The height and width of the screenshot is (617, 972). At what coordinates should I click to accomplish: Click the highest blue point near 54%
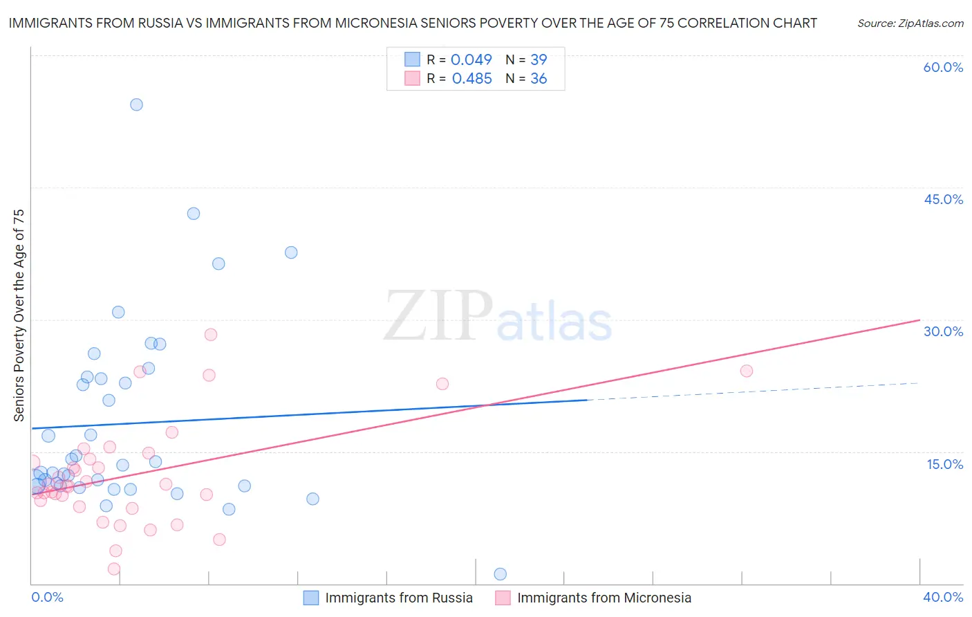(x=136, y=104)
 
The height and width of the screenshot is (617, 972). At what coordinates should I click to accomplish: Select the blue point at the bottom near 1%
(x=501, y=574)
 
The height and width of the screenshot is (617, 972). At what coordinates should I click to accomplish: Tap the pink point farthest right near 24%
(x=747, y=371)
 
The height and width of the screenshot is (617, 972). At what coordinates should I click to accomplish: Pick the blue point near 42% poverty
(x=194, y=214)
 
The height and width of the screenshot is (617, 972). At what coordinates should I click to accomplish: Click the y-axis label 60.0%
(x=943, y=67)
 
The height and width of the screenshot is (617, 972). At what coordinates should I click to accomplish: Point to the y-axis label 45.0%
(x=943, y=199)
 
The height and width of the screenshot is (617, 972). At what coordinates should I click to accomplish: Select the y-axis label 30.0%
(x=943, y=331)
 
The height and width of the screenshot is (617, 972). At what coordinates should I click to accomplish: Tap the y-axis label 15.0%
(x=944, y=464)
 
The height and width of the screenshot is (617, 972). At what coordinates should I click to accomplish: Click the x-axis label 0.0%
(x=47, y=597)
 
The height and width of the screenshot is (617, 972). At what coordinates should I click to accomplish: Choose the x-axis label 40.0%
(x=943, y=597)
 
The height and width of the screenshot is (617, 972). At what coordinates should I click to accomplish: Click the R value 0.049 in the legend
(x=471, y=59)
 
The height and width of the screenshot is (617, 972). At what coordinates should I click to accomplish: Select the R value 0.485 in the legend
(x=471, y=79)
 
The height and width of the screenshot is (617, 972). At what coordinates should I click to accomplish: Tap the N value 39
(x=539, y=59)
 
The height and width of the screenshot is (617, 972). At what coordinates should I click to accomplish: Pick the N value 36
(x=539, y=79)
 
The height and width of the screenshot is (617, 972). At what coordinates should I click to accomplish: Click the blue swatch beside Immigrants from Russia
(x=311, y=598)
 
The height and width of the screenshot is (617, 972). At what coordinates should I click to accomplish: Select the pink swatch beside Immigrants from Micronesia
(x=503, y=598)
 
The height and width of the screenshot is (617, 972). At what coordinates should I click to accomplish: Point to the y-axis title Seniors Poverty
(x=19, y=315)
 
